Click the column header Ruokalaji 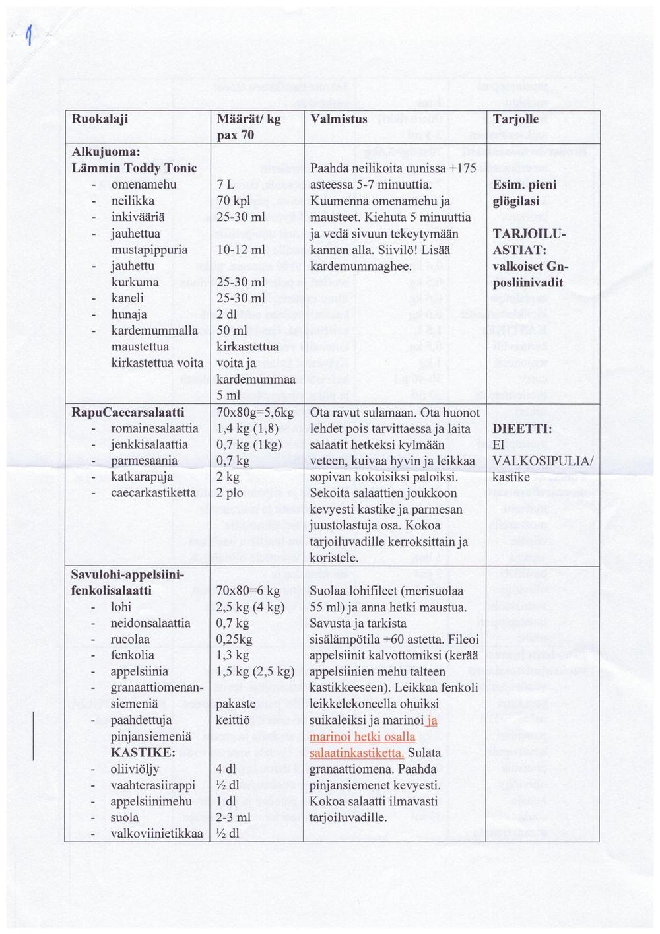point(99,119)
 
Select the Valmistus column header point(339,119)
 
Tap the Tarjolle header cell point(516,119)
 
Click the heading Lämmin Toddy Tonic point(134,168)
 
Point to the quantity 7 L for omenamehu point(224,185)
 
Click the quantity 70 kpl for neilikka point(231,201)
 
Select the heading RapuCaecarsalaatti point(127,413)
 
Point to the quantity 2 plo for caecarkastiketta point(230,493)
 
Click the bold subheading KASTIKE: point(143,752)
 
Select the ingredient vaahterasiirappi point(152,785)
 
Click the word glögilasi point(516,201)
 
